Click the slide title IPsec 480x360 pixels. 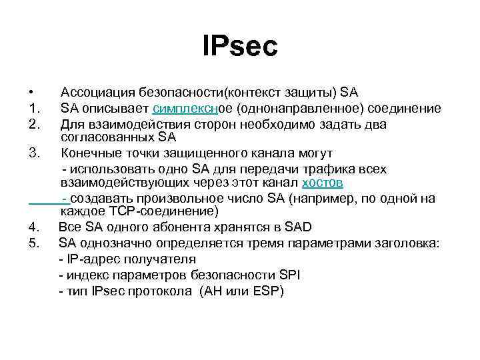[x=240, y=47]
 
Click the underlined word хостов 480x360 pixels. [x=323, y=183]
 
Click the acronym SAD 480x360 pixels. [x=298, y=228]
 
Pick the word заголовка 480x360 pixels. [x=407, y=243]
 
